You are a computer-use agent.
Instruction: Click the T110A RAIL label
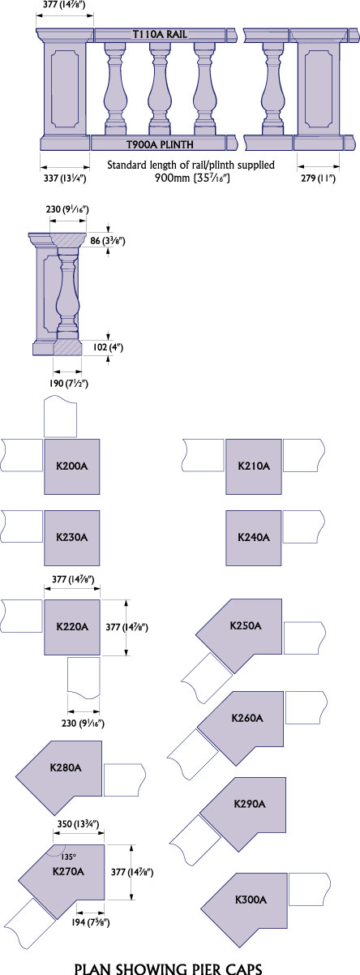[x=160, y=34]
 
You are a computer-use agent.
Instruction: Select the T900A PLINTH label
[x=160, y=144]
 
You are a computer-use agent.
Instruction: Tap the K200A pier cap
[x=72, y=466]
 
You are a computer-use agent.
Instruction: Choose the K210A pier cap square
[x=253, y=466]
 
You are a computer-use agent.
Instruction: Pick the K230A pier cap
[x=72, y=538]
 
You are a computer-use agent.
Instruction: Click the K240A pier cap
[x=253, y=538]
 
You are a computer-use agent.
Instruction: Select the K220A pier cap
[x=72, y=627]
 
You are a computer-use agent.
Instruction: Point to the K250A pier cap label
[x=246, y=626]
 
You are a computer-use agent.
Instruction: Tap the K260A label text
[x=247, y=718]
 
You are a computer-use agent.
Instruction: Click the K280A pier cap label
[x=66, y=767]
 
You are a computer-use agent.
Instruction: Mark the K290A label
[x=250, y=804]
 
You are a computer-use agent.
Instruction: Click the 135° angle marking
[x=68, y=857]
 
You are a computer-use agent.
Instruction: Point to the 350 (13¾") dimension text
[x=79, y=823]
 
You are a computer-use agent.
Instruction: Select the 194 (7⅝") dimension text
[x=91, y=922]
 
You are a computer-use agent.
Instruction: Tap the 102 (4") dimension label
[x=108, y=347]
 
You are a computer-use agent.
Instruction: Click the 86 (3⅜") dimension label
[x=108, y=240]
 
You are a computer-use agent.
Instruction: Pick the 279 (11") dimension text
[x=318, y=178]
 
